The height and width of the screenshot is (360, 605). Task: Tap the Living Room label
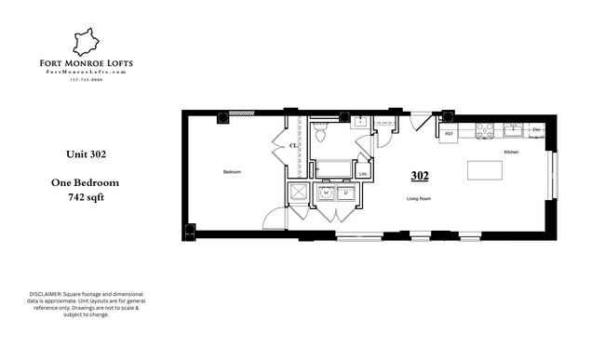coord(419,198)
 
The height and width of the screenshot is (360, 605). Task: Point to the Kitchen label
coord(511,152)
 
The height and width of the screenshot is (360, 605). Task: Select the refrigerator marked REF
coord(449,134)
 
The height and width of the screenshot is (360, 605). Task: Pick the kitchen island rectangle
coord(482,170)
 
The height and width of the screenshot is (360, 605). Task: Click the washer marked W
coord(326,193)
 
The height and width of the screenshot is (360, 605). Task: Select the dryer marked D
coord(344,193)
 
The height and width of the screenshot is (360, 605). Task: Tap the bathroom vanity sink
coord(360,120)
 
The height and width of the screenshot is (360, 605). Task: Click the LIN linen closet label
coord(362,173)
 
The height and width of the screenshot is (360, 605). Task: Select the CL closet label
coord(293,146)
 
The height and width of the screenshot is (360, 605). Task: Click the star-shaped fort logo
coord(87,41)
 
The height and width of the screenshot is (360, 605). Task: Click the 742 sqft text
coord(85,198)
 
